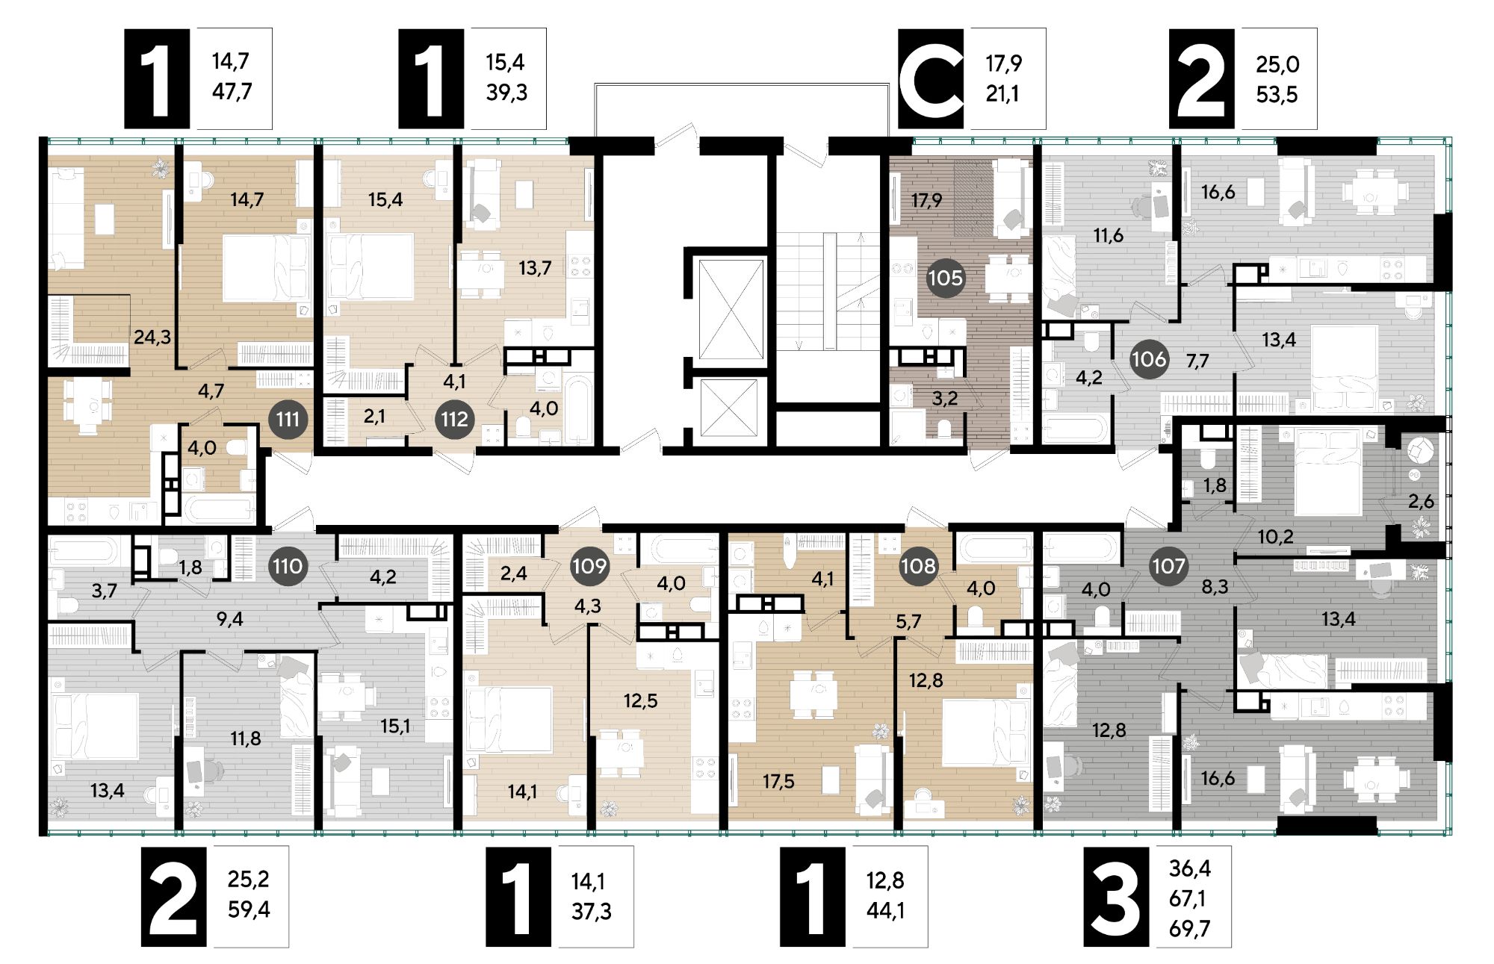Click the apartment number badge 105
(x=945, y=279)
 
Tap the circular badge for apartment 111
(x=288, y=419)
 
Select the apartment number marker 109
(x=589, y=566)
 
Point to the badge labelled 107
(x=1168, y=566)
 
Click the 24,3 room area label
(x=152, y=338)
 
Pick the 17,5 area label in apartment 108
(x=778, y=782)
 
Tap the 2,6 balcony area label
(x=1421, y=502)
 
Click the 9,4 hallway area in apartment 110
(x=229, y=619)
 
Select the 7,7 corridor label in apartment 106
(x=1197, y=361)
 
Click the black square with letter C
(x=931, y=78)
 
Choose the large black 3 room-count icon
(x=1116, y=896)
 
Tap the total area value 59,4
(x=249, y=909)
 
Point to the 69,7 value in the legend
(x=1190, y=929)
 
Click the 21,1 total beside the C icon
(x=1002, y=94)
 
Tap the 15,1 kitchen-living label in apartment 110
(x=395, y=726)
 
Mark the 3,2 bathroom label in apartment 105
(x=945, y=399)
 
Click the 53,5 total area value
(x=1277, y=95)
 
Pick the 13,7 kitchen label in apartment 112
(x=535, y=267)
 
